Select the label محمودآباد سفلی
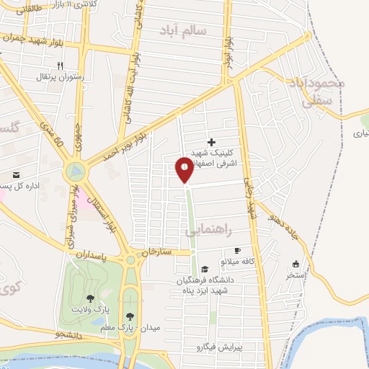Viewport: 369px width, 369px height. click(316, 92)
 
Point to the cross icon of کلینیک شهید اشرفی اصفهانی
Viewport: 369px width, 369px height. click(211, 142)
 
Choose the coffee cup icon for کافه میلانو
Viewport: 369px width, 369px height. click(238, 250)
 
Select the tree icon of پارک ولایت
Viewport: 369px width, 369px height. click(89, 298)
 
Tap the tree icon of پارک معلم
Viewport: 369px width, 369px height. click(130, 316)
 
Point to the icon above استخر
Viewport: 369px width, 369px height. click(295, 264)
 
